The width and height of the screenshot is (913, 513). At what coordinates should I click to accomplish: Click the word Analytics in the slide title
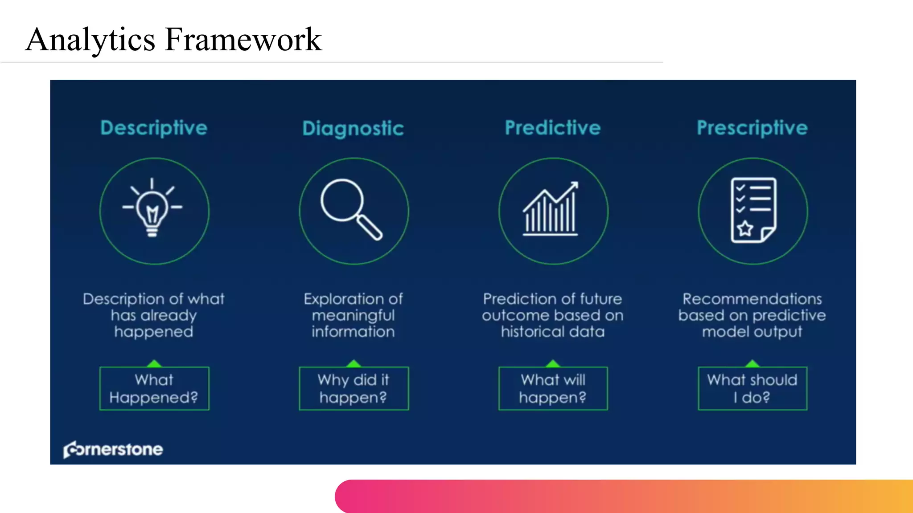point(90,40)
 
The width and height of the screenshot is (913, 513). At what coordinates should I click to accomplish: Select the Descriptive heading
point(154,128)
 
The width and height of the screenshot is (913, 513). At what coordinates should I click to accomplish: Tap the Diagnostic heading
point(353,128)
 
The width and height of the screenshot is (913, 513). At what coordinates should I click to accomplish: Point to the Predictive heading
point(553,128)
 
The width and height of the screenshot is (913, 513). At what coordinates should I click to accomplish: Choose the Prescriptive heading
point(752,128)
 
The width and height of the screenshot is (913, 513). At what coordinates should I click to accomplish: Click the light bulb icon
point(152,208)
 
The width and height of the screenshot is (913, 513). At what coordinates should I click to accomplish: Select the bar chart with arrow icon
point(551,209)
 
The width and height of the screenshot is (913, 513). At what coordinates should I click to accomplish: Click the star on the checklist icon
point(745,229)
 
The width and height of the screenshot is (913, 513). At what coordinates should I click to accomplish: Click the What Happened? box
point(154,388)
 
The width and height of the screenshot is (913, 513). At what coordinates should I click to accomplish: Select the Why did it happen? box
point(354,388)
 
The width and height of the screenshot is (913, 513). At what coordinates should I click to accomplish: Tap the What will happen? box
point(553,388)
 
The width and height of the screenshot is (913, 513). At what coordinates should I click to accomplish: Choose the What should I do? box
point(753,388)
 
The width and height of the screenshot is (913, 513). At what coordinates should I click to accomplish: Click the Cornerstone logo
point(113,449)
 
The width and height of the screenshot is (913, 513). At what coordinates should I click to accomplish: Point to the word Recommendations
point(752,299)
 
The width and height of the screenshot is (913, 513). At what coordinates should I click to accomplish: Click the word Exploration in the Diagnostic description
point(338,299)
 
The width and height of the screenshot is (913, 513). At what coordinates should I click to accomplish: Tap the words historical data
point(553,332)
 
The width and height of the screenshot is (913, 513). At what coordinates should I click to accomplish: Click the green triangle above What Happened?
point(154,363)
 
